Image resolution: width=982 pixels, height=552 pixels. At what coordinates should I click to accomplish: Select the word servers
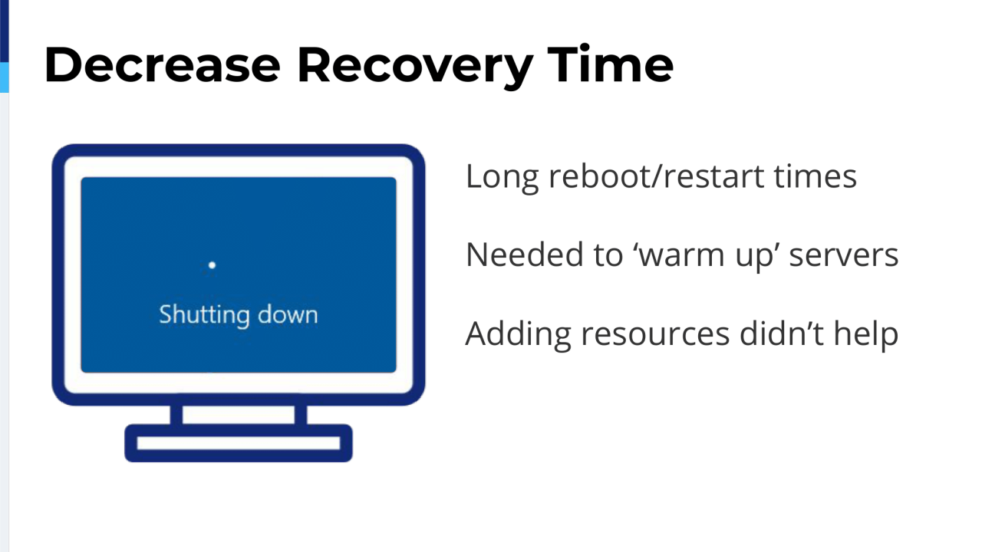[x=844, y=255]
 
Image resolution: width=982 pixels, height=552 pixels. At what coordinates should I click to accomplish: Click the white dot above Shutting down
[x=212, y=265]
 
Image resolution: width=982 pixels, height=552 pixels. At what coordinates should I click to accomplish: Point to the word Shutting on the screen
[x=204, y=315]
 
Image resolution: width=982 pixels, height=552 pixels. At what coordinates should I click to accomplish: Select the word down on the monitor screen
[x=288, y=314]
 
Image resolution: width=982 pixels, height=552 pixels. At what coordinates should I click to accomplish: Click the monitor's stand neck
[x=238, y=415]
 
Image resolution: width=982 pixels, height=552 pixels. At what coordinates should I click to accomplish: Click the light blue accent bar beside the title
[x=4, y=77]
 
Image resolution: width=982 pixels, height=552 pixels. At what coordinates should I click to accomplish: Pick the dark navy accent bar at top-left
[x=4, y=31]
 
